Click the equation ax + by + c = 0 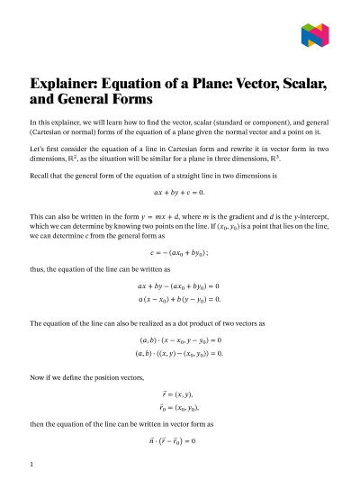point(180,193)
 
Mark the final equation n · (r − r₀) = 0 point(180,440)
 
